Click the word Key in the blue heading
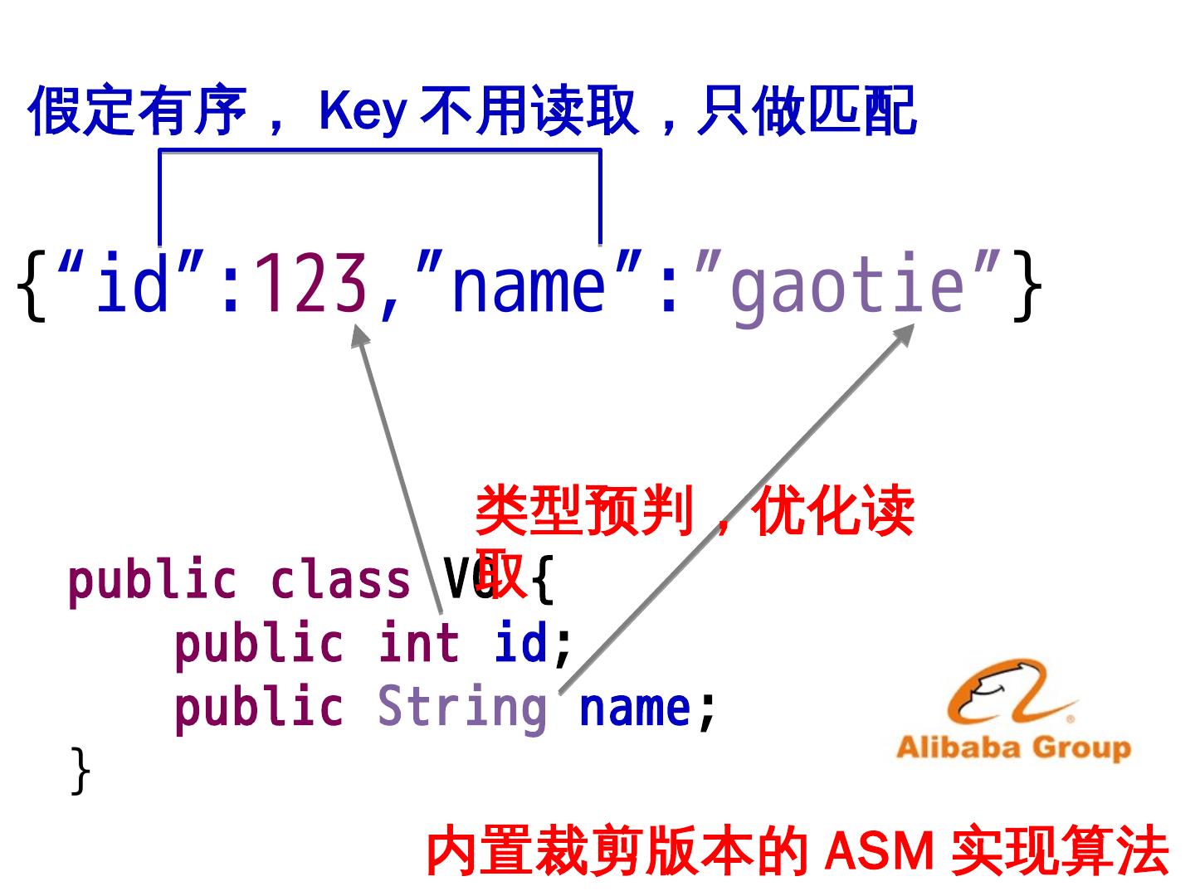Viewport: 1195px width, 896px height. [363, 110]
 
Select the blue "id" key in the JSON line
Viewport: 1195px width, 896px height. [133, 285]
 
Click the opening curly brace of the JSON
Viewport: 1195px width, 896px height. [32, 286]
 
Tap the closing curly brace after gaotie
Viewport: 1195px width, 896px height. [1027, 286]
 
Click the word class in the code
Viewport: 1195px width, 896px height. [340, 580]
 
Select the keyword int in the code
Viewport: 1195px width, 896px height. [418, 644]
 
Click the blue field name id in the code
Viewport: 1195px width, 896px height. [521, 644]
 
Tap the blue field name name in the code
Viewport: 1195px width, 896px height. [635, 708]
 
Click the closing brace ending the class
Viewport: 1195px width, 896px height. [80, 771]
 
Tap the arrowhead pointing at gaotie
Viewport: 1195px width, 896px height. [904, 334]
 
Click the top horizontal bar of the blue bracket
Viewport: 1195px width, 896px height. [379, 150]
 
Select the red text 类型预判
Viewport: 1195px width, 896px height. [585, 510]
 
